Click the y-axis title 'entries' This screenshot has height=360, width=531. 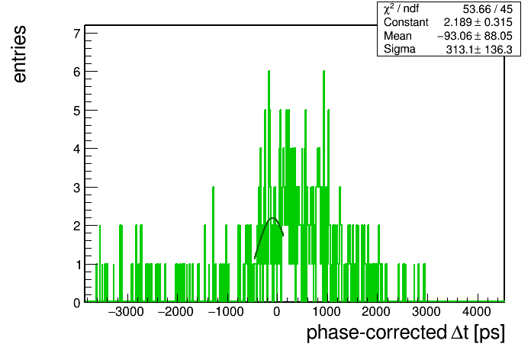click(20, 54)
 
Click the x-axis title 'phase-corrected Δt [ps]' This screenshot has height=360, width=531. click(405, 333)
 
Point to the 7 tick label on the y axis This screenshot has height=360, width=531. click(77, 34)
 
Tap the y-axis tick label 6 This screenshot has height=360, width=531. click(77, 72)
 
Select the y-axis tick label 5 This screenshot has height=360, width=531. click(77, 111)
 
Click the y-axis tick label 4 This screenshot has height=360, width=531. click(77, 149)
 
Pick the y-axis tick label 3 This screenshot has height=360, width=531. click(77, 188)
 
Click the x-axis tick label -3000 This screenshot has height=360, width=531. click(126, 312)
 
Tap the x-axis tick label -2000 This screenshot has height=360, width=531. click(175, 312)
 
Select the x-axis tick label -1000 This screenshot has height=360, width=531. click(226, 312)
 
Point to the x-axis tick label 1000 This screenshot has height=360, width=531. click(326, 312)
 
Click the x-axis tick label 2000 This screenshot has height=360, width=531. click(376, 312)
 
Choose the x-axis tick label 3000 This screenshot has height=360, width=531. click(426, 312)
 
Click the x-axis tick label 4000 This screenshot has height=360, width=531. click(476, 312)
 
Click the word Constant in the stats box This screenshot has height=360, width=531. click(406, 22)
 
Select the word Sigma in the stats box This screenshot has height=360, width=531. click(400, 50)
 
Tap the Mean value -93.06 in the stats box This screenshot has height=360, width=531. click(453, 36)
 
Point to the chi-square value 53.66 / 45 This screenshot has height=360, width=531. click(488, 9)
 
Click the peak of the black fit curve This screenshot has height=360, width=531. click(272, 218)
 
